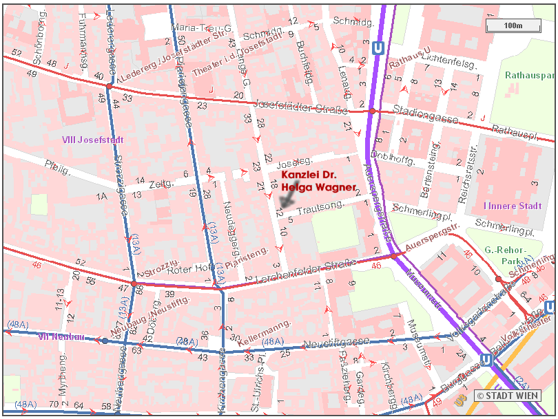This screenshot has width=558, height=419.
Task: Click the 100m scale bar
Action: pos(513,26)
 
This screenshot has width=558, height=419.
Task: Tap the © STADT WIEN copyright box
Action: pos(507,396)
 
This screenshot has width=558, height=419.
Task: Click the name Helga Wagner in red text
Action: pos(318,187)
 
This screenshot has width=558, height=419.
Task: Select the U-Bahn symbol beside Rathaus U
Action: pos(377,49)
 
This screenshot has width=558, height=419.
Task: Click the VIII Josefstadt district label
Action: pos(92,140)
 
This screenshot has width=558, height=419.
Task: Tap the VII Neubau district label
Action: pos(61,336)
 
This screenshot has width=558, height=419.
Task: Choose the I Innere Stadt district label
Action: pos(513,206)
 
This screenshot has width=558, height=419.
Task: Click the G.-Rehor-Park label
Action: pos(506,256)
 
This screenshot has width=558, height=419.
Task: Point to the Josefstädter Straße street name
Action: pos(299,106)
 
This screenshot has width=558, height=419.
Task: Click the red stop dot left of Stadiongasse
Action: pos(372,111)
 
